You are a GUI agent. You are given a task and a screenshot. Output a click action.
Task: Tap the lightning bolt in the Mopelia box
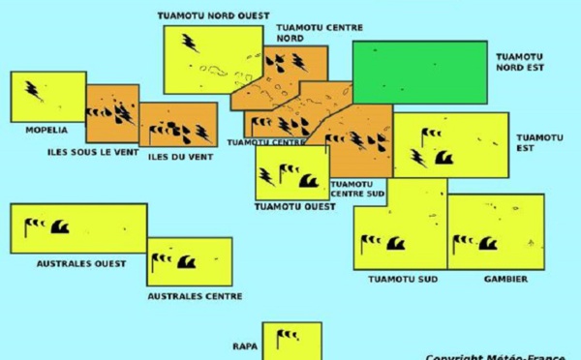pos(33,91)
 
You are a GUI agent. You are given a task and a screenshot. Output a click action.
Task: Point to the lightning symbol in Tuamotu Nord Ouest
pos(189,43)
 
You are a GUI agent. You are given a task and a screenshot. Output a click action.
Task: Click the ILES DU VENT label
pos(180,156)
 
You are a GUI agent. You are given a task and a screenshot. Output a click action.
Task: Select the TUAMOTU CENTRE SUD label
pos(357,189)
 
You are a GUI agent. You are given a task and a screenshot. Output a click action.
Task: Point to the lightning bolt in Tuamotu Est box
pos(418,158)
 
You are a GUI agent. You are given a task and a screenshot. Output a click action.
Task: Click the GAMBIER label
pos(505,280)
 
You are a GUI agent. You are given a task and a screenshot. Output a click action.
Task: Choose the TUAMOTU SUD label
pos(403,280)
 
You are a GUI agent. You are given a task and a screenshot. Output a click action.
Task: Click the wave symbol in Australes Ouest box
pos(59,228)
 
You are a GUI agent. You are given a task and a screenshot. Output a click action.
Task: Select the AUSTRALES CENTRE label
pos(195,296)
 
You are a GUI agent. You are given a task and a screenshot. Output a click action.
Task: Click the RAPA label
pos(244,345)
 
